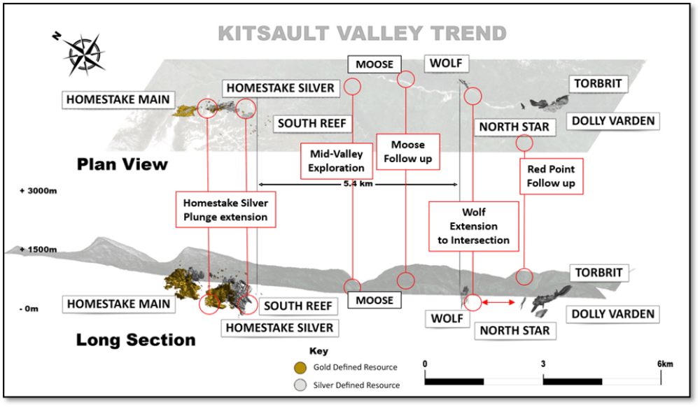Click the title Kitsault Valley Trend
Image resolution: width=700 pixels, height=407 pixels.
pos(362,34)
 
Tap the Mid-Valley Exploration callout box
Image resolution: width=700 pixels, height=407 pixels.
pos(336,161)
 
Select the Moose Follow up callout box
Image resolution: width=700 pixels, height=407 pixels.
pos(408,152)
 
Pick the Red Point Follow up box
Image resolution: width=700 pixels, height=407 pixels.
pos(552,176)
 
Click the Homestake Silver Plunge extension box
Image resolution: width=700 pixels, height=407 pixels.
pos(225,210)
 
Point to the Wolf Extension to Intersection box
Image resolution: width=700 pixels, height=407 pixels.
pos(474,226)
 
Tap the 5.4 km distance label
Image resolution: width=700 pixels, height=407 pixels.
pos(358,184)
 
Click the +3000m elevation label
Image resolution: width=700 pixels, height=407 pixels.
pos(38,191)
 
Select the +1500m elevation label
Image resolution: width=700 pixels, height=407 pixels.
pos(38,250)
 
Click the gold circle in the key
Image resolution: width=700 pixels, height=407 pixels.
pos(300,368)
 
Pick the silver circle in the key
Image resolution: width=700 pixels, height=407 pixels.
pos(300,385)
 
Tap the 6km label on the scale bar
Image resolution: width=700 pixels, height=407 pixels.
pos(665,364)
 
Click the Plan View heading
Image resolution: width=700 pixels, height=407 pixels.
pos(122,164)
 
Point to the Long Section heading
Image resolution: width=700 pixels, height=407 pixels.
pos(136,340)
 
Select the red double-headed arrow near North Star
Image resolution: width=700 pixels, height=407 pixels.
pos(498,303)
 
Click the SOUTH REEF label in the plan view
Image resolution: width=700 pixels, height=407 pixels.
pos(312,124)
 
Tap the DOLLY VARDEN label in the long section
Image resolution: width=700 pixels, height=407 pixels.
pos(613,314)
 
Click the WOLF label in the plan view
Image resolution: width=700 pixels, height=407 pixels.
pos(446,64)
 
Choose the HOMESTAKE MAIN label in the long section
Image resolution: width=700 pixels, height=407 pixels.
pos(119,304)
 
